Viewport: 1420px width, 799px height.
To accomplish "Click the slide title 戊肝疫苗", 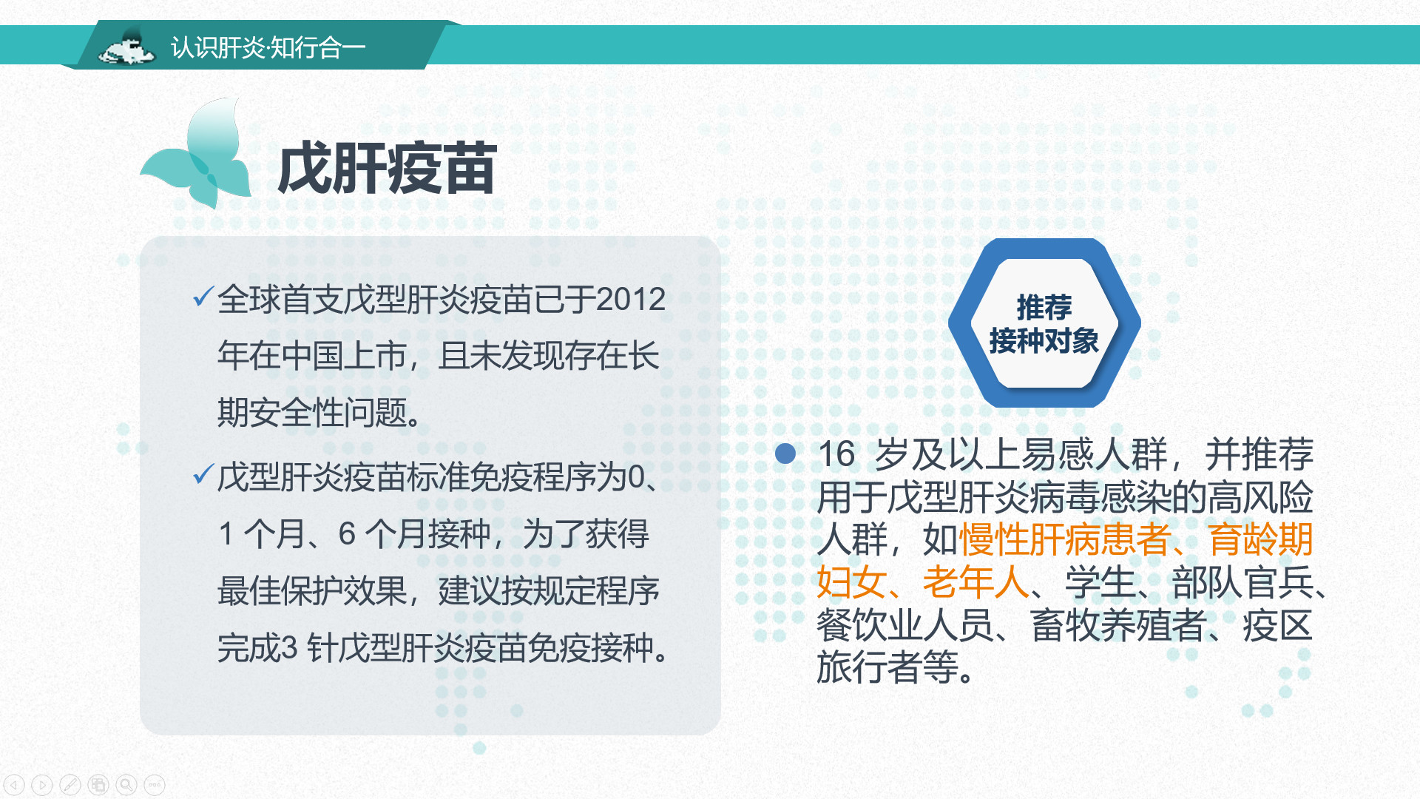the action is point(387,169).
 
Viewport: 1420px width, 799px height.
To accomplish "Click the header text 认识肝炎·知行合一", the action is point(268,47).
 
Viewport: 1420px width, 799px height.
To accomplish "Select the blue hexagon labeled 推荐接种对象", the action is point(1044,323).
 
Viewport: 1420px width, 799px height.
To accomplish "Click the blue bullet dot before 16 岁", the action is point(785,454).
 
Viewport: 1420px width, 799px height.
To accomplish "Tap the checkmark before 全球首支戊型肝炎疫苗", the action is point(203,297).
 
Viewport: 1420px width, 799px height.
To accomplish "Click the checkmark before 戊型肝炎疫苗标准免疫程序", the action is point(203,474).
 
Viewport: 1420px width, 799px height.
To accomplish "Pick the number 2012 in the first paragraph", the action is point(631,300).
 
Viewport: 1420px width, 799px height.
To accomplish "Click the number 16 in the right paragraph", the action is point(837,454).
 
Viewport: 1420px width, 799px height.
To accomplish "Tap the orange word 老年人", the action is point(976,582).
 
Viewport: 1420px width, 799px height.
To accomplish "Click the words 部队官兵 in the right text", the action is point(1242,582).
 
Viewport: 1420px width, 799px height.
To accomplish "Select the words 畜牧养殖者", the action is point(1118,625).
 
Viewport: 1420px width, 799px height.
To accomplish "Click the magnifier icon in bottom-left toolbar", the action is point(126,784).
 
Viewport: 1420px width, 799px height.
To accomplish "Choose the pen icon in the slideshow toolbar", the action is point(70,784).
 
